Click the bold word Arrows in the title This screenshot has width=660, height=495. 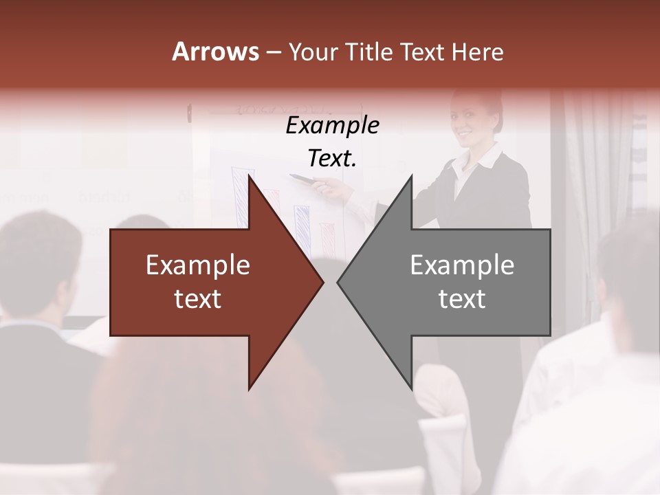pos(215,52)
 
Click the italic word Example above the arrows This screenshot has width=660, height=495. pos(332,126)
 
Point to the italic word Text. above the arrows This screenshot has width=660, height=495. pos(332,158)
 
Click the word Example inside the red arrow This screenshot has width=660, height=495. pos(198,265)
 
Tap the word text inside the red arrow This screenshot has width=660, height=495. pos(198,298)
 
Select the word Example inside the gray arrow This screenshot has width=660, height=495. pos(462,265)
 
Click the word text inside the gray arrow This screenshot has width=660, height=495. pos(462,298)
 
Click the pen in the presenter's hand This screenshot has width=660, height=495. pos(302,179)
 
